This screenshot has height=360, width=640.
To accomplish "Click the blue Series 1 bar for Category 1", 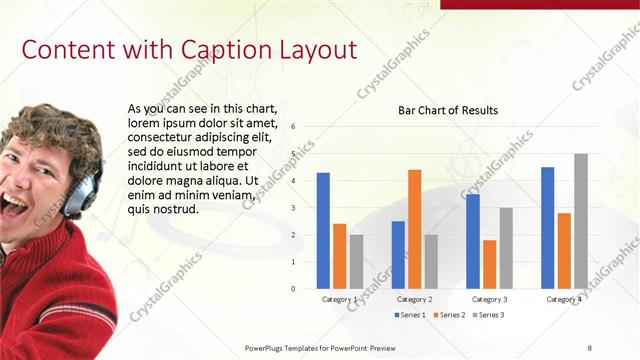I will click(323, 231).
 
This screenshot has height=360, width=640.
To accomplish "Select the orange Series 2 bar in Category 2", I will click(414, 229).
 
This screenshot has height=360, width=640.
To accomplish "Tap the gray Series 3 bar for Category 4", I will click(580, 221).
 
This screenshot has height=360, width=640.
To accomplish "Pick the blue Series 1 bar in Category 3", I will click(473, 241).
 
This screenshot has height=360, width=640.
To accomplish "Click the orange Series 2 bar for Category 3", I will click(489, 264).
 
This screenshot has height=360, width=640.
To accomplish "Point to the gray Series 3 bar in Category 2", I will click(430, 261).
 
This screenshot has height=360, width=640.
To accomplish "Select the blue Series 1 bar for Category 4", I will click(548, 228).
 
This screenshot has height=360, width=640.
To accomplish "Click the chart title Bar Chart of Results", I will click(448, 110).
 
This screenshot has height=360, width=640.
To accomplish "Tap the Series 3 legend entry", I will click(489, 315).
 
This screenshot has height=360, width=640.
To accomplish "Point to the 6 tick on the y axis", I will click(293, 127).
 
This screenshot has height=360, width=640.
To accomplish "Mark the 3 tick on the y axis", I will click(293, 208).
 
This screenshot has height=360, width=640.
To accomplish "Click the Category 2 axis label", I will click(415, 299).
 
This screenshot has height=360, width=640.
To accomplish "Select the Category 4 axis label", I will click(564, 299).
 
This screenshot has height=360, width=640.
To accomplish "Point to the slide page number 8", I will click(589, 347).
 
